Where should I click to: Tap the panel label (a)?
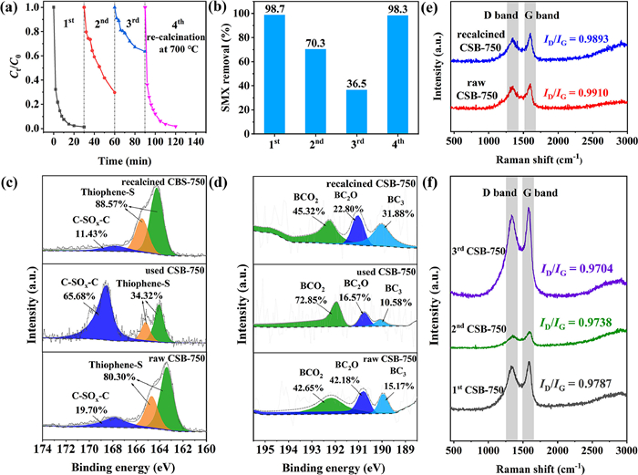(14, 11)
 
